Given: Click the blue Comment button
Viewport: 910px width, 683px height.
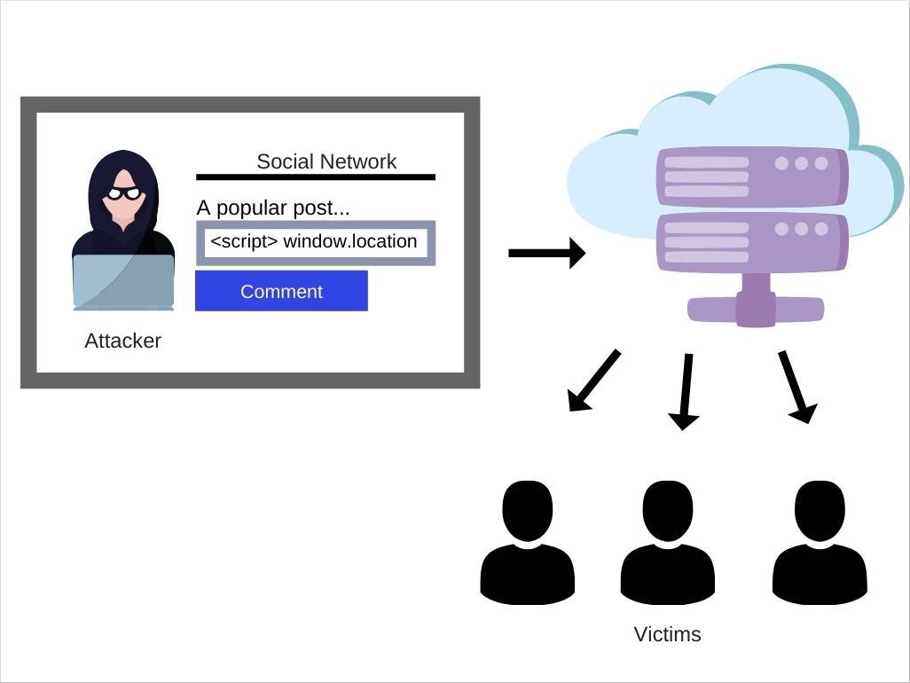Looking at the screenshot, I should tap(281, 291).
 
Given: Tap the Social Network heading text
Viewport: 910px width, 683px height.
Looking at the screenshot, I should tap(326, 161).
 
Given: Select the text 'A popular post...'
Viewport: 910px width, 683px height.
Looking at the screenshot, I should tap(273, 208).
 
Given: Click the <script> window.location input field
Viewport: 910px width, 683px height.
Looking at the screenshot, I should tap(315, 242).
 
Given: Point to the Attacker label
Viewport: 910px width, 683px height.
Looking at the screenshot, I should tap(122, 341).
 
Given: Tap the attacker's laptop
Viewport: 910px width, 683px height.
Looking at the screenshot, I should tap(122, 282).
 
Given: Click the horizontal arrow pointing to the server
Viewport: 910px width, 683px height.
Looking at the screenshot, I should tap(546, 254).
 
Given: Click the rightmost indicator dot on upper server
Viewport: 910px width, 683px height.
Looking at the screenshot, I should tap(821, 163).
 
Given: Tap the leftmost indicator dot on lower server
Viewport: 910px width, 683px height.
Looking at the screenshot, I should tap(781, 229).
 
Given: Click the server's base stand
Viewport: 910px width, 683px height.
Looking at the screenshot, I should tap(756, 306).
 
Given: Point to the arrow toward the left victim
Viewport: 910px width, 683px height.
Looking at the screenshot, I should tap(592, 382).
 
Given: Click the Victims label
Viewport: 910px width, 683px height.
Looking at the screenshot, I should tap(667, 634).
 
